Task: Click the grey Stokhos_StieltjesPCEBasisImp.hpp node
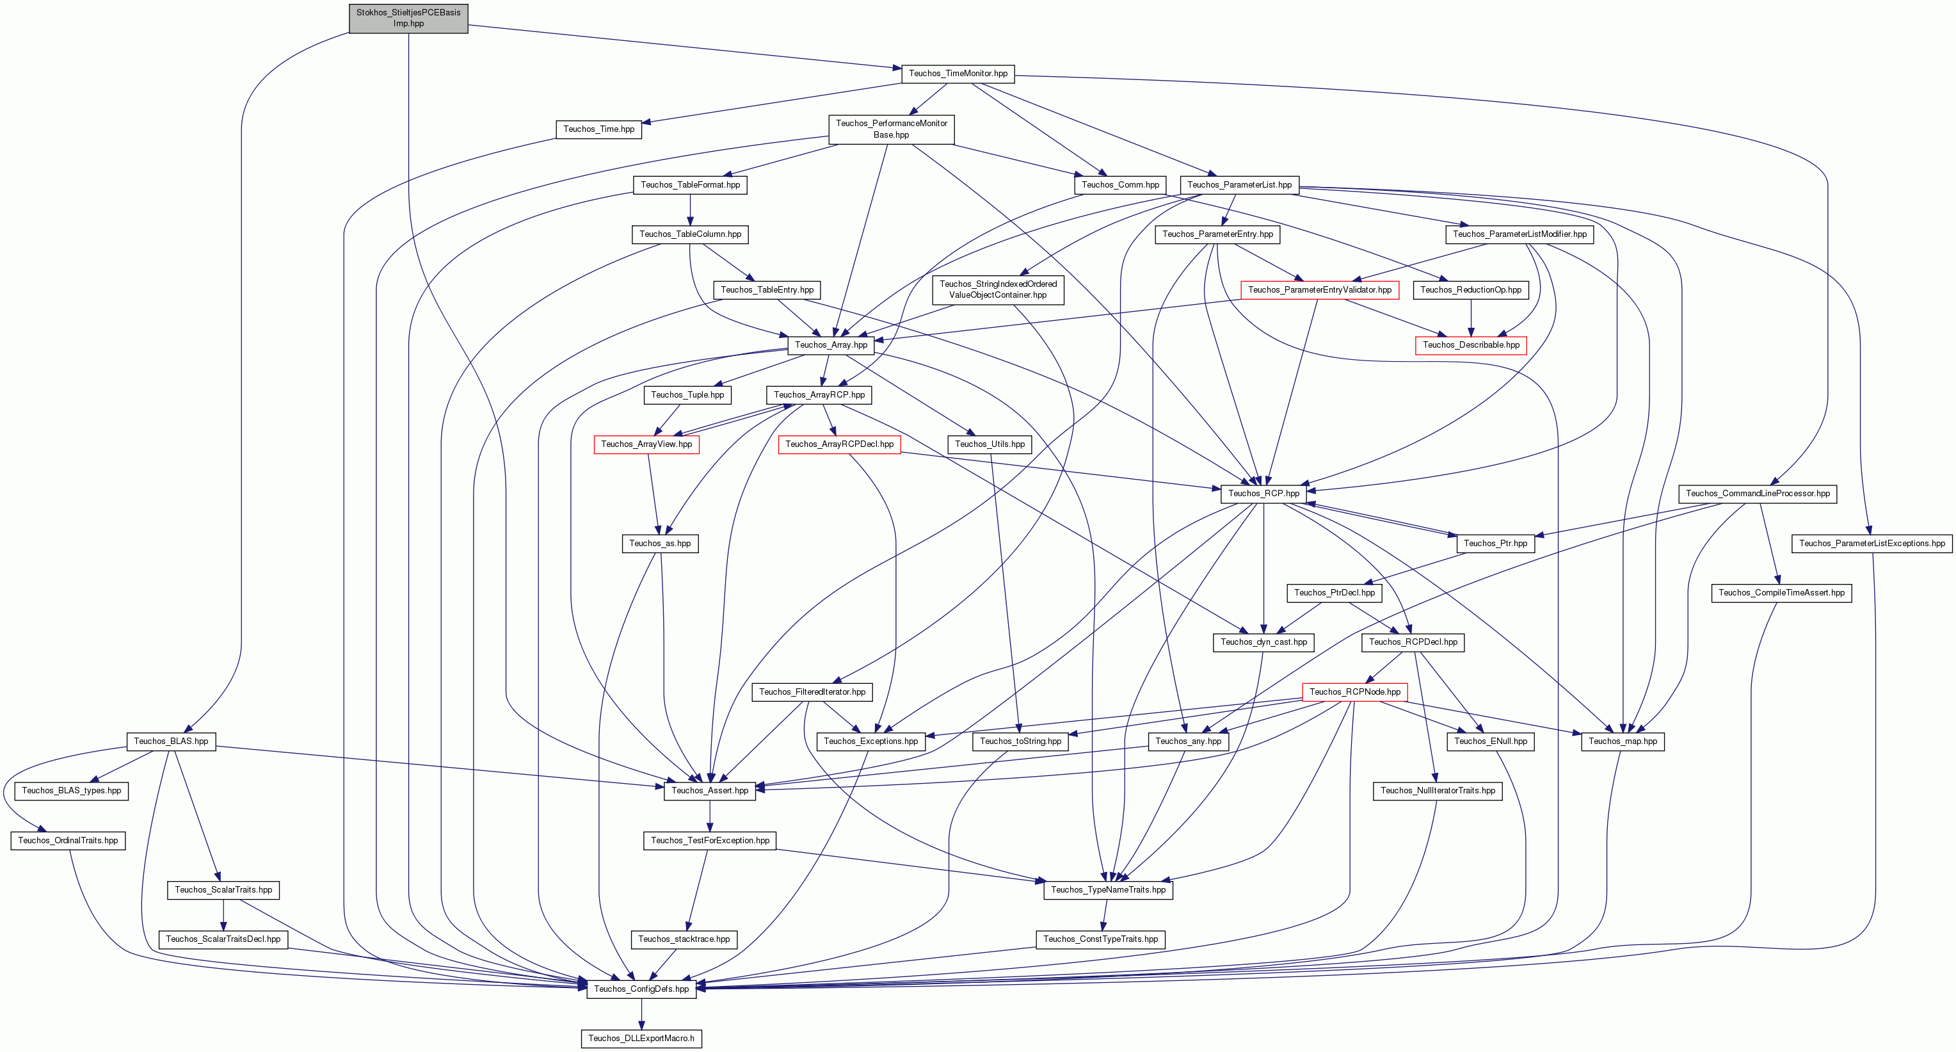tap(408, 18)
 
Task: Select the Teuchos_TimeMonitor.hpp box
tap(958, 74)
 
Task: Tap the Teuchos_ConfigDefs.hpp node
tap(641, 989)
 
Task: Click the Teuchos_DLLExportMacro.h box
tap(641, 1039)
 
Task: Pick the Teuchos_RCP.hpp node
tap(1263, 494)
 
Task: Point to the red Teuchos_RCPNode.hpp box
tap(1354, 692)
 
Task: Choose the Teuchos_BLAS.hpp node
tap(171, 741)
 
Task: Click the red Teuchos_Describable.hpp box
tap(1471, 345)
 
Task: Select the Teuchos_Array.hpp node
tap(831, 345)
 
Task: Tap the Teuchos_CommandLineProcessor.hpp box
tap(1758, 494)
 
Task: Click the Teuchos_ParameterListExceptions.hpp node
tap(1872, 543)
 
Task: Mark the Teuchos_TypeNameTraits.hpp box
tap(1108, 889)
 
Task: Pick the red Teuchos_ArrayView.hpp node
tap(646, 444)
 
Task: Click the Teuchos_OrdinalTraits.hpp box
tap(68, 840)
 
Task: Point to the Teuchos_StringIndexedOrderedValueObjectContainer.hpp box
tap(998, 289)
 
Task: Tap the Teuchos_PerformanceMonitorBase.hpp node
tap(892, 129)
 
